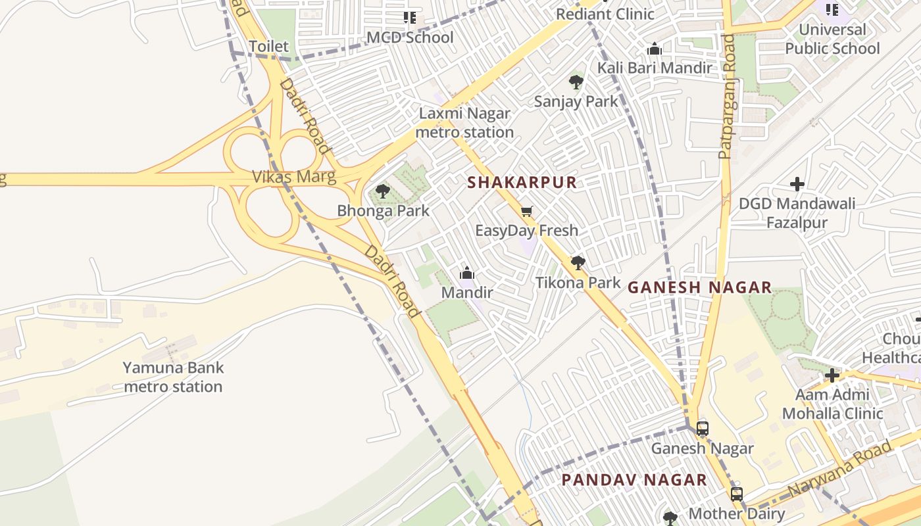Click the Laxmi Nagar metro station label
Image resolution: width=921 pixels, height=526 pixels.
(464, 123)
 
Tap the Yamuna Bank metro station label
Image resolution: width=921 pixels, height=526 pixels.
(173, 377)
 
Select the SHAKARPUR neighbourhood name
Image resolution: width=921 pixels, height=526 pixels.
(522, 183)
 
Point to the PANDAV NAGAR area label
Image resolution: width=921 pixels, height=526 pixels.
(634, 480)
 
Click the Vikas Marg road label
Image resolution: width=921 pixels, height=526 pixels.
(294, 176)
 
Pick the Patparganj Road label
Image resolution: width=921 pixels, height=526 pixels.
(727, 97)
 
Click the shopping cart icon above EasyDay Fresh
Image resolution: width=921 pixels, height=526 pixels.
(526, 212)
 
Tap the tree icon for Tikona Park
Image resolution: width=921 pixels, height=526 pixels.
(578, 263)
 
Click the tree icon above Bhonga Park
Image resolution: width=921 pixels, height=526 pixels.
(382, 191)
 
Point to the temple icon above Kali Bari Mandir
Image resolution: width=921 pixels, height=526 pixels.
(654, 49)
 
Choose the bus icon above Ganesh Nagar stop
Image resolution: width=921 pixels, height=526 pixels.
(703, 429)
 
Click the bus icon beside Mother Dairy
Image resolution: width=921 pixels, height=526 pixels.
(737, 494)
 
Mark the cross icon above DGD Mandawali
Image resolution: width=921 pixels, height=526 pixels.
(797, 184)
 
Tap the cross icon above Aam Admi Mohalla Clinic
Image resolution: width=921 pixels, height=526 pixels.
(832, 375)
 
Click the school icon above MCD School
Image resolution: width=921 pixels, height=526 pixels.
(410, 18)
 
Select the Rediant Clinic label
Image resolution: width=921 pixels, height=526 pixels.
(605, 14)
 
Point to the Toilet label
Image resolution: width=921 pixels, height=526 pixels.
(268, 46)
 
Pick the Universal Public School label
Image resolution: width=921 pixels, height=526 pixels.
(832, 39)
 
